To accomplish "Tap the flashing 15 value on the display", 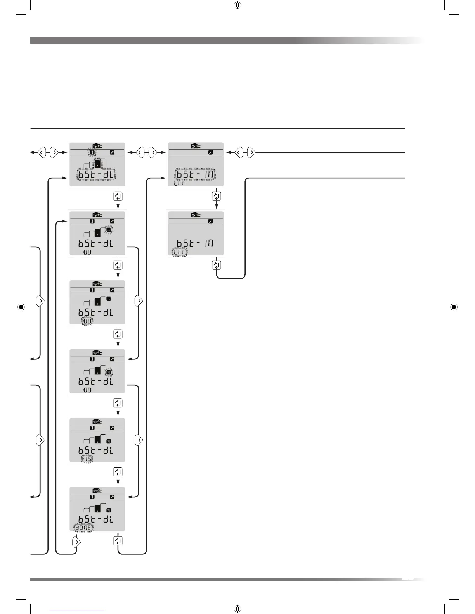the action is tap(87, 459).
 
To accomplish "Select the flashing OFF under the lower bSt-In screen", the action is tap(180, 252).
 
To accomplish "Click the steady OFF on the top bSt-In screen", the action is tap(180, 183).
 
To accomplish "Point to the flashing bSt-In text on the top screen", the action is tap(195, 174).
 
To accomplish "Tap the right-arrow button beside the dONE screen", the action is tap(77, 542).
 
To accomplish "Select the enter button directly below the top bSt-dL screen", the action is tap(118, 196).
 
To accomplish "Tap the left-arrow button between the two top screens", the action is tap(140, 152).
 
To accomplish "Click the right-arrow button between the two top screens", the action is tap(153, 152).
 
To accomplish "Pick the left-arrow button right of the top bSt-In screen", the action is tap(239, 152).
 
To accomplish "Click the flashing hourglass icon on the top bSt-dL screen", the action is tap(92, 152).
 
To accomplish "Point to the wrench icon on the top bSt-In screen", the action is tap(210, 152).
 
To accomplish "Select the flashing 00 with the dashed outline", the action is tap(87, 322).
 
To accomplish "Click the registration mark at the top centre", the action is tap(238, 5).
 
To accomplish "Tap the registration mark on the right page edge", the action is tap(454, 307).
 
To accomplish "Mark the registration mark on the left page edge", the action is tap(22, 307).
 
